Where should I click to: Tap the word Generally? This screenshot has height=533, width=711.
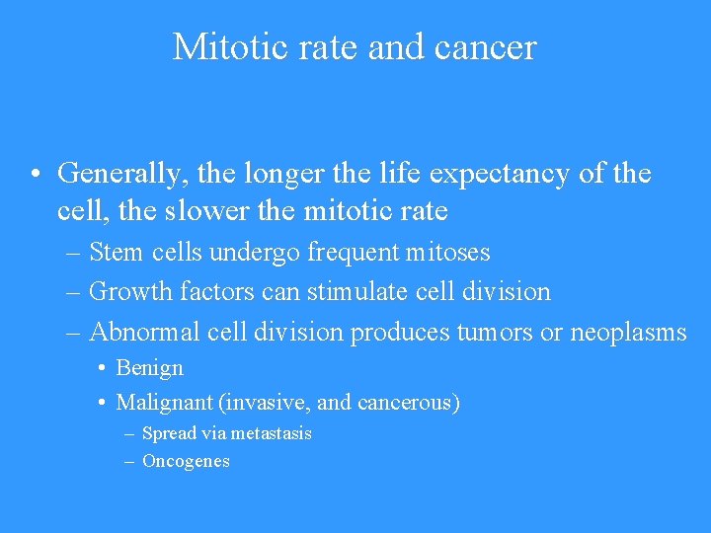[124, 175]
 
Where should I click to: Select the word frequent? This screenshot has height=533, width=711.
[354, 253]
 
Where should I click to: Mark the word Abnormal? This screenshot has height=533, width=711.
[145, 333]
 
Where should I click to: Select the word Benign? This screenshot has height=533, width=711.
[150, 368]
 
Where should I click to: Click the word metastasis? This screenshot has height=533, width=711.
[272, 433]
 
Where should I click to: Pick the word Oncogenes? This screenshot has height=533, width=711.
[186, 461]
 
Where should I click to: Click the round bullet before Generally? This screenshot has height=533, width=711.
[35, 176]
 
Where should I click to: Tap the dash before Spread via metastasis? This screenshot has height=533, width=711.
[130, 433]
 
